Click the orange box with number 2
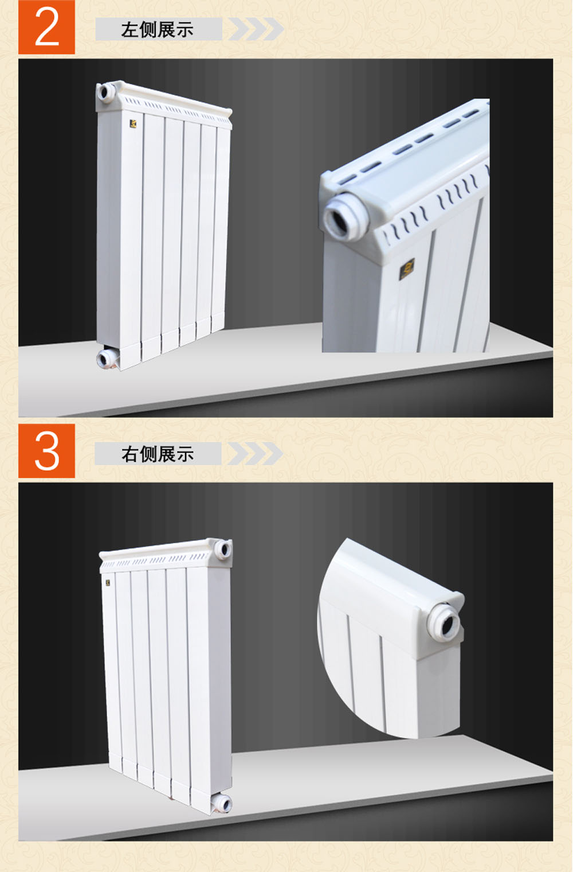tap(46, 27)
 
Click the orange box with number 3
tap(46, 451)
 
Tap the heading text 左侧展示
tap(157, 30)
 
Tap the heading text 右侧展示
tap(157, 454)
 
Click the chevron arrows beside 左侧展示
tap(256, 29)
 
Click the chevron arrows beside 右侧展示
tap(255, 453)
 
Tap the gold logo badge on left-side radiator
tap(133, 124)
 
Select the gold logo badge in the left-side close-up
tap(407, 269)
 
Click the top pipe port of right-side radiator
tap(223, 550)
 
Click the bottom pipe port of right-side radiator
tap(222, 804)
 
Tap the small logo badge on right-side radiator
tap(108, 583)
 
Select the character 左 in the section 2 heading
tap(129, 30)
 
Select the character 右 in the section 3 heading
tap(129, 454)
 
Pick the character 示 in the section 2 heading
tap(185, 30)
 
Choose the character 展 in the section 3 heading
tap(166, 454)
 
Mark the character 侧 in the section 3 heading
tap(148, 454)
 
